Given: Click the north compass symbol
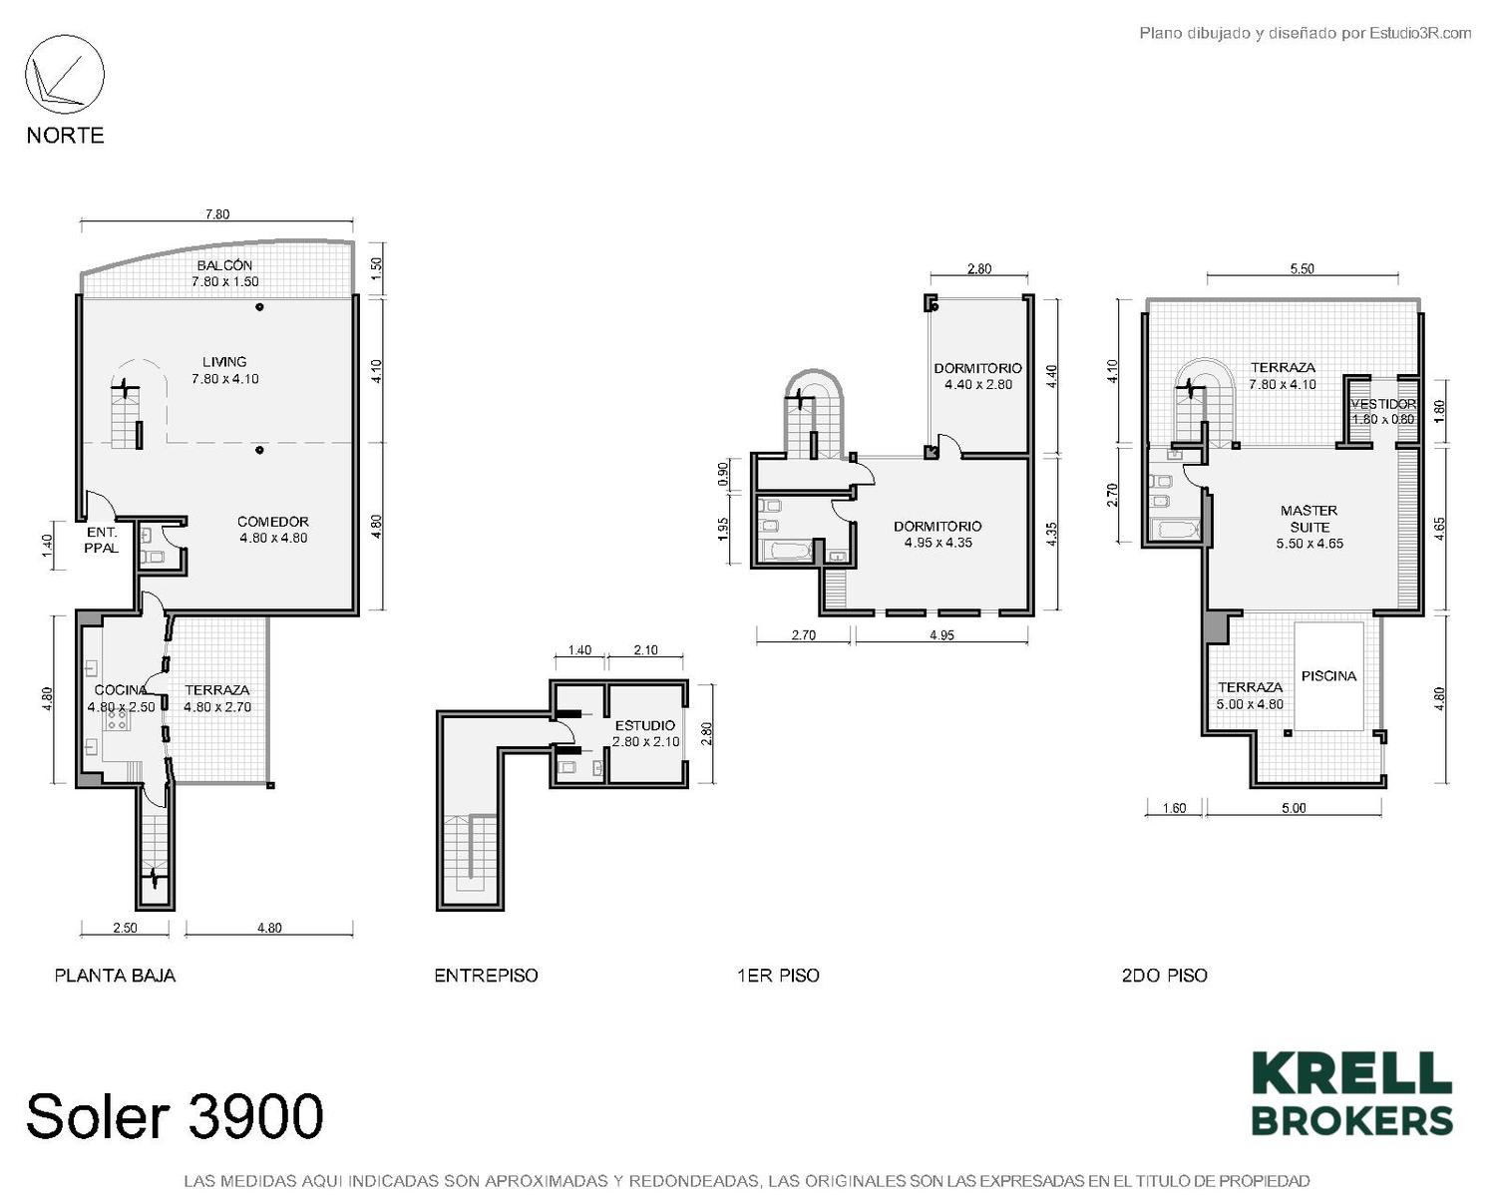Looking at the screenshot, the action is (65, 75).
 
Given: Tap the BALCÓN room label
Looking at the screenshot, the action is (224, 265).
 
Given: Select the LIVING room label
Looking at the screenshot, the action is (224, 362).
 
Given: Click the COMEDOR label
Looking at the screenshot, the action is (273, 521).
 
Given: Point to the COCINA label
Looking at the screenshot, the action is (121, 690).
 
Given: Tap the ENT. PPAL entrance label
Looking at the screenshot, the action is (102, 541).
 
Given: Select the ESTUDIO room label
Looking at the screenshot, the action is (645, 725).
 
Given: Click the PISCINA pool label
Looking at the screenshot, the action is (1328, 676).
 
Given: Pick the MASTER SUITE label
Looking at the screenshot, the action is (1309, 519).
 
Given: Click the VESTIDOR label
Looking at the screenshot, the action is (1383, 404).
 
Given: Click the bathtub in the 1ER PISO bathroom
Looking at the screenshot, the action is (787, 553).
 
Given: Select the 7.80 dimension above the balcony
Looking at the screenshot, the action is (217, 214).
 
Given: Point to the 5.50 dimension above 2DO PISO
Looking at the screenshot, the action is (1303, 269).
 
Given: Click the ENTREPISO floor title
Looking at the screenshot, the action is (486, 976).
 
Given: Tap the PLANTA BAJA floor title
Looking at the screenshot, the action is (115, 976).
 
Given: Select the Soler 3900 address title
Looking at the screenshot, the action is (175, 1115).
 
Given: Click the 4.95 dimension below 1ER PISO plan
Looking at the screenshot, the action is (941, 635).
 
